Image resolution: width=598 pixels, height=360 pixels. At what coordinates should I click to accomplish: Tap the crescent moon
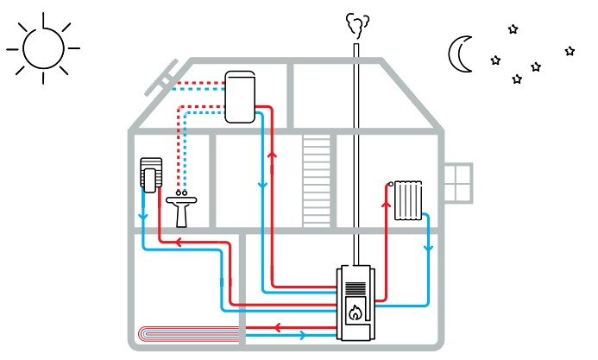(458, 54)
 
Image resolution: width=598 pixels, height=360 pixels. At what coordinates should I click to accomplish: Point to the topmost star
(513, 29)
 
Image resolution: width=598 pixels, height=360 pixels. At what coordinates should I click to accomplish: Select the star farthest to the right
(570, 51)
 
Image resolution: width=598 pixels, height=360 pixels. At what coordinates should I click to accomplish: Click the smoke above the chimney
(354, 26)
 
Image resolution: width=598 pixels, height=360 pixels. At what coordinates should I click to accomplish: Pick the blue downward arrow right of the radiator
(428, 249)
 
